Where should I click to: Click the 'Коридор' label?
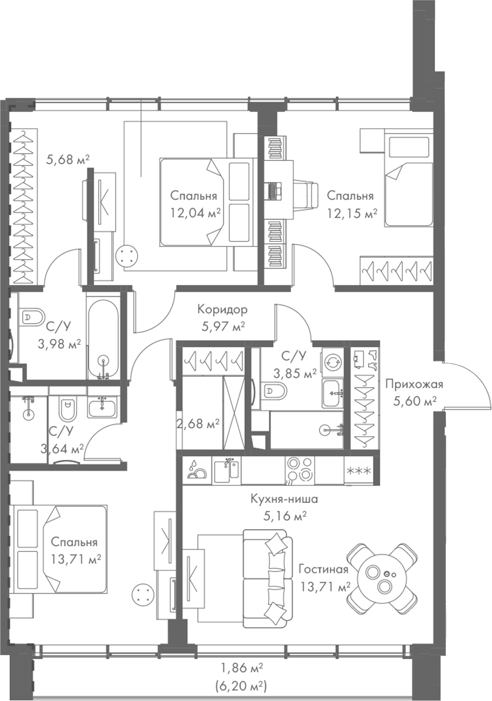tap(222, 310)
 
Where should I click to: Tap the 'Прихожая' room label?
tap(414, 384)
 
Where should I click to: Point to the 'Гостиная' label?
tap(323, 569)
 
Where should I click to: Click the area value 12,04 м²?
tap(194, 213)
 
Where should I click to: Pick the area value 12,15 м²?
tap(352, 213)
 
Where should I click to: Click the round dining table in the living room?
tap(383, 578)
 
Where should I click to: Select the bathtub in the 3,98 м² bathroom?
tap(104, 338)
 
